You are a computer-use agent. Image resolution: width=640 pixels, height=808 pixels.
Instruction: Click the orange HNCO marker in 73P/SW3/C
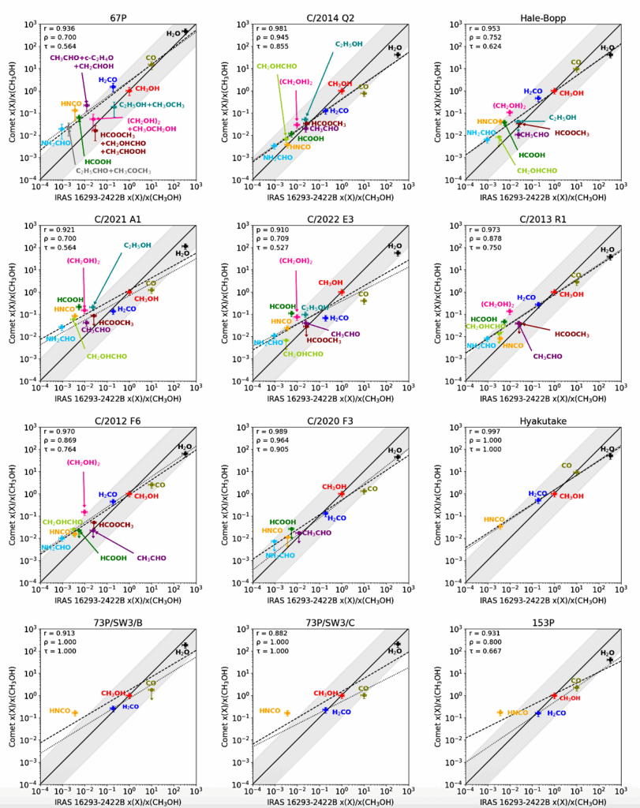point(287,713)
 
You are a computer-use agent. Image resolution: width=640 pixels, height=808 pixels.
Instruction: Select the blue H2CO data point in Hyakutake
point(538,500)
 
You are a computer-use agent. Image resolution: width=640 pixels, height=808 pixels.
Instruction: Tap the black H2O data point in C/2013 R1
point(609,256)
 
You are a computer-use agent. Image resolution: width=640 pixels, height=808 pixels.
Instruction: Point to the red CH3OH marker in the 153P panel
point(554,695)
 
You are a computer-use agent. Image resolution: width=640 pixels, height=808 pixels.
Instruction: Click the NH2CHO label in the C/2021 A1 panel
point(61,339)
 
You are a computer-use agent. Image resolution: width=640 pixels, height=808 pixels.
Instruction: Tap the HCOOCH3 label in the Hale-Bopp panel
point(572,133)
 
